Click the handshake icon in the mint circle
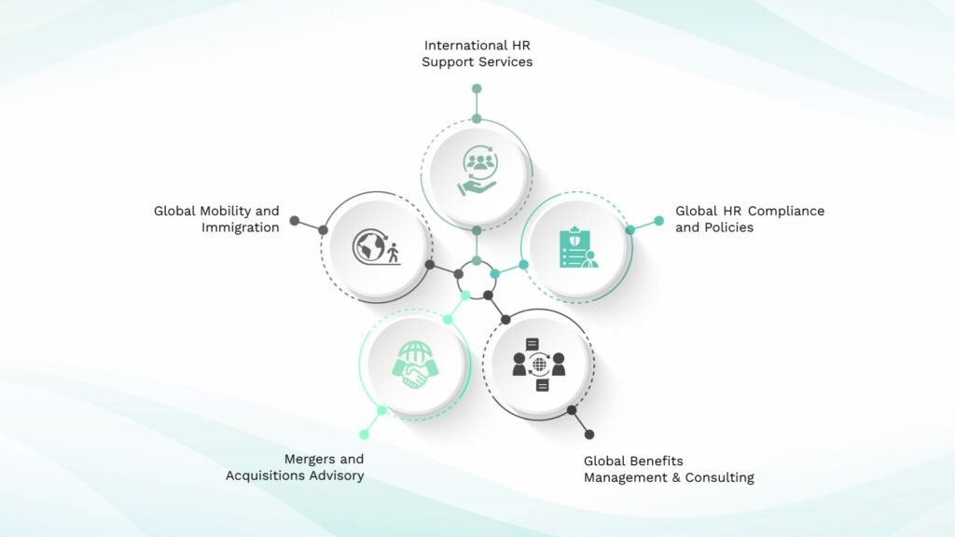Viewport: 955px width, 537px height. coord(415,365)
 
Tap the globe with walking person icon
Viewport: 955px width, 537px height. coord(377,246)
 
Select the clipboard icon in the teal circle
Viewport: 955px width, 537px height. coord(577,247)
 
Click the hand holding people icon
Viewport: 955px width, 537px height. coord(479,171)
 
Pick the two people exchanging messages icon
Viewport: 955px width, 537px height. coord(539,365)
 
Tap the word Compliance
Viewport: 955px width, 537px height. coord(785,212)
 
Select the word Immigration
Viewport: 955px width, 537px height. coord(240,227)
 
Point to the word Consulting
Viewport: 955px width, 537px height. coord(719,478)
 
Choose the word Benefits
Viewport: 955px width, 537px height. coord(658,461)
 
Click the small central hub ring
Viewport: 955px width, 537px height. coord(477,262)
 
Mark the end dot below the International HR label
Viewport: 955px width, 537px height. coord(477,89)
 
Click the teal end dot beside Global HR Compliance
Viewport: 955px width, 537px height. coord(658,220)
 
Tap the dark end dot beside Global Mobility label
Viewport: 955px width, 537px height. coord(295,220)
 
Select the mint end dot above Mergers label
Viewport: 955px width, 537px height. coord(365,434)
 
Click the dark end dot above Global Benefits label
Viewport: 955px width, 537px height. coord(589,434)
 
